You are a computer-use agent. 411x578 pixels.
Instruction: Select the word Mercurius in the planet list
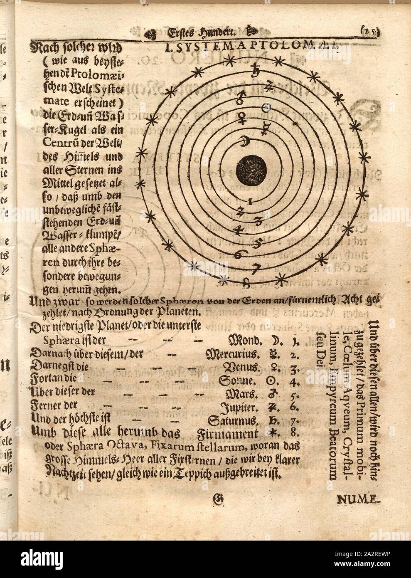click(x=233, y=355)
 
